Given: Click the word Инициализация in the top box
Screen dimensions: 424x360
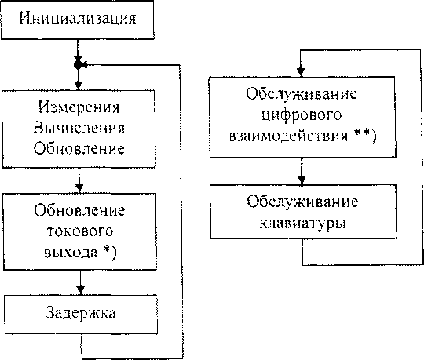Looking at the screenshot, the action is click(78, 18).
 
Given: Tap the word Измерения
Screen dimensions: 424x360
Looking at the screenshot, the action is click(79, 107).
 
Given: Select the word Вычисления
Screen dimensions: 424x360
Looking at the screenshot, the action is click(79, 128).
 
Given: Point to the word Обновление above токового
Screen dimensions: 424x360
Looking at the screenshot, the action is click(79, 210).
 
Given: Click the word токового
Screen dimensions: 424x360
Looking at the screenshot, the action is click(80, 231).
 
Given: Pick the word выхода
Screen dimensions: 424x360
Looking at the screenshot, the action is click(71, 253).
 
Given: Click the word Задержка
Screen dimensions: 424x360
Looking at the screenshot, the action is click(81, 313).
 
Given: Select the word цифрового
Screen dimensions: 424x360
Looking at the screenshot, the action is click(302, 115).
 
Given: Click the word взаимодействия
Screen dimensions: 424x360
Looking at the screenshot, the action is click(288, 136).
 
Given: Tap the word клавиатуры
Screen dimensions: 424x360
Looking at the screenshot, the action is click(302, 223).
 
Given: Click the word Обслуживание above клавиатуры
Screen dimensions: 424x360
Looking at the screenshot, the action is click(302, 202).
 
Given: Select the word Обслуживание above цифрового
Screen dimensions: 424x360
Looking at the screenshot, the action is click(302, 95).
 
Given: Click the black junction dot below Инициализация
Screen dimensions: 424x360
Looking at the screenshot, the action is click(78, 64).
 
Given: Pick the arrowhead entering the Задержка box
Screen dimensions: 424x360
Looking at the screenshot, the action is click(81, 290).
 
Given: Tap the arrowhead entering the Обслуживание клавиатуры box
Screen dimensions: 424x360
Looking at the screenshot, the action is click(302, 180).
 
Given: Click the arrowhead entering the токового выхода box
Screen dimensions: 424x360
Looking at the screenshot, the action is click(79, 187).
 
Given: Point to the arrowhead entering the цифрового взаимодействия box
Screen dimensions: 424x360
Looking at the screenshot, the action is click(301, 72).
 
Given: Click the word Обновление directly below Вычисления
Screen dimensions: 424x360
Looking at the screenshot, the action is click(79, 148).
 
